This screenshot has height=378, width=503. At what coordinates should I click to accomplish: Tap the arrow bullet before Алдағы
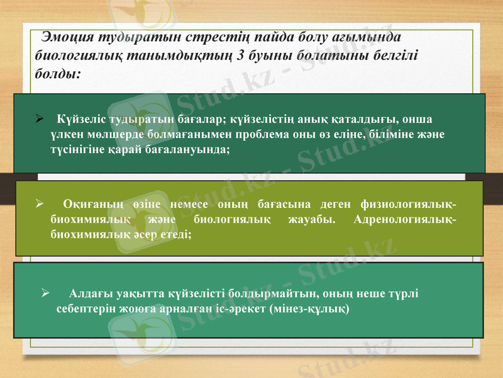coord(45,292)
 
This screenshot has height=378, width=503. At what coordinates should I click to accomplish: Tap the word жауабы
coord(312,219)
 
